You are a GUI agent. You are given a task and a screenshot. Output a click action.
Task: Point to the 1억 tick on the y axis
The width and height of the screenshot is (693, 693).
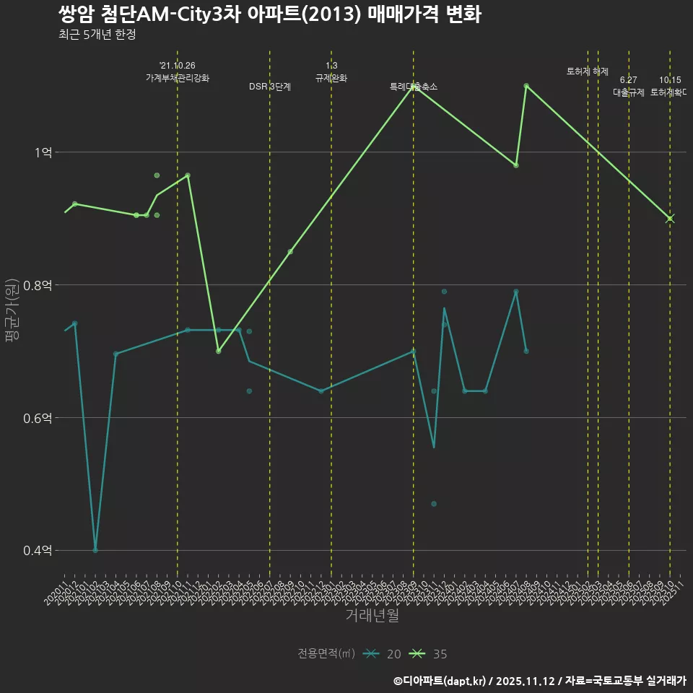point(43,152)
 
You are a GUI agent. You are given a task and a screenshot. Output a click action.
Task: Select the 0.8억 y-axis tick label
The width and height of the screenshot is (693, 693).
point(38,285)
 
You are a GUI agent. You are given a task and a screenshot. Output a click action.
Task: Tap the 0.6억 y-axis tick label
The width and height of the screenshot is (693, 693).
point(38,418)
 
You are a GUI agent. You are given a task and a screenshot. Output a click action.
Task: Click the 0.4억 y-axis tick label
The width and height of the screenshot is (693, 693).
point(38,551)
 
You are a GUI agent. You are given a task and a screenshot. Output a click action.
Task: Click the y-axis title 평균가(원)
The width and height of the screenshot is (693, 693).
point(13,310)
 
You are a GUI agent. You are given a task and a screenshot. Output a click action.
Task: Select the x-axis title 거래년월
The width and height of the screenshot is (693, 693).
point(372,616)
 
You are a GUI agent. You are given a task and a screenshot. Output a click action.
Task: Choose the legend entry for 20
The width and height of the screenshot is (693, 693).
point(382,654)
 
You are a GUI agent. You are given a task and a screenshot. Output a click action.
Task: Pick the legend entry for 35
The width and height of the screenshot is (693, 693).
point(428,654)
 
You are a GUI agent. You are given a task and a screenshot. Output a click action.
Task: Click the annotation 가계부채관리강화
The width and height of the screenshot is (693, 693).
point(178,78)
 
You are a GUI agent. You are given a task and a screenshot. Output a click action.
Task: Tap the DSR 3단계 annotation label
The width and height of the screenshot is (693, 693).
point(270,87)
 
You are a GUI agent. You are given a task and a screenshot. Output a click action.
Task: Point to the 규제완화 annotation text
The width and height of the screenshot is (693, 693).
point(331,78)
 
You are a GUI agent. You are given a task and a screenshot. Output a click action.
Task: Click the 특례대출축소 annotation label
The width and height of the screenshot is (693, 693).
point(414,87)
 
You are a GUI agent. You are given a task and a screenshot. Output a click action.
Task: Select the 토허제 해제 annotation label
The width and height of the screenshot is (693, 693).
point(588,71)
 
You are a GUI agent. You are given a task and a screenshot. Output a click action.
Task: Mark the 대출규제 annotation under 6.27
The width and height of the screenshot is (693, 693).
point(629,92)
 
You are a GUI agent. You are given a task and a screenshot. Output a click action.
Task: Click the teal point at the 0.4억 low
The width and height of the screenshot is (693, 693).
point(95,550)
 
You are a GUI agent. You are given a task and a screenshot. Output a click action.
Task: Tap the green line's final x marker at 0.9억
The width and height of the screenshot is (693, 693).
point(670,219)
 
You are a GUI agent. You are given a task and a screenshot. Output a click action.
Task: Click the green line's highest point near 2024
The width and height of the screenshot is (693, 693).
point(526,86)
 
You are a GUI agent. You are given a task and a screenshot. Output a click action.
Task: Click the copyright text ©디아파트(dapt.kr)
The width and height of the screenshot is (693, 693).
point(440,681)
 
